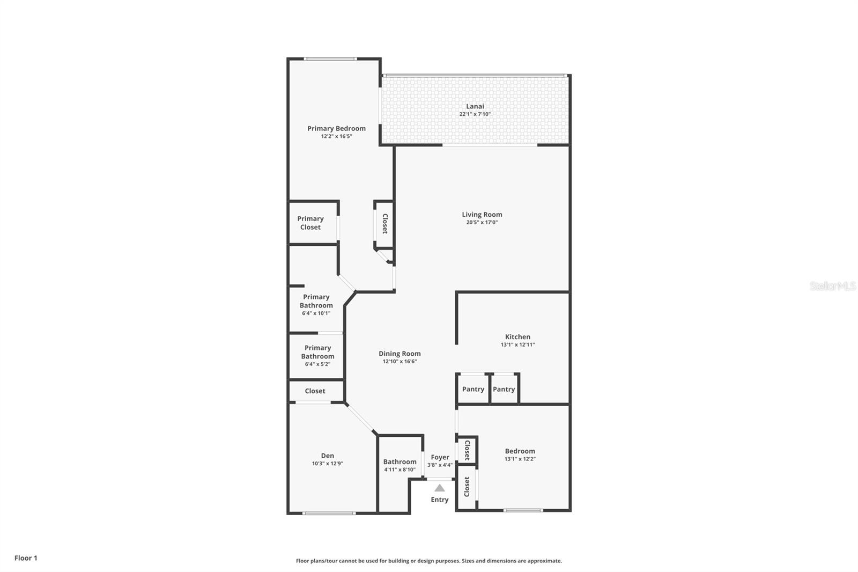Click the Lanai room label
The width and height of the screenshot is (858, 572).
point(475,106)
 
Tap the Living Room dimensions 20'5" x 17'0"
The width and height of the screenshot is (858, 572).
point(482,222)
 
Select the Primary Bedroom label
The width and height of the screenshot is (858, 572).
point(336,128)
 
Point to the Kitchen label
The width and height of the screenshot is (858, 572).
point(517,336)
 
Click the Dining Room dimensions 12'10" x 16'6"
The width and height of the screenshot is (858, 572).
point(400,361)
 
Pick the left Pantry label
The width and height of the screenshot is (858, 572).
point(473,389)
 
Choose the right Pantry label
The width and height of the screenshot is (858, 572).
point(504,389)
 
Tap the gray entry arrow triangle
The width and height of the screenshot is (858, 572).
point(440,488)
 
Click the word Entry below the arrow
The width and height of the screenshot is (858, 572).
point(439,500)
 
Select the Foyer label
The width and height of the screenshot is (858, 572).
point(440,457)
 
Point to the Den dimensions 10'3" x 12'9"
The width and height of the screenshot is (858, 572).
point(328,464)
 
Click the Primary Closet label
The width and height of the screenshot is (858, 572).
point(310,223)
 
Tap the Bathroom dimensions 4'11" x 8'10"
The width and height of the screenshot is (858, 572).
point(400,470)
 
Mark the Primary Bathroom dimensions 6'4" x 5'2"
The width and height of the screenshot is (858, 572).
point(317,364)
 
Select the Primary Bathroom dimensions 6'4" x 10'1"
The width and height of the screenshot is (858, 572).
point(316,313)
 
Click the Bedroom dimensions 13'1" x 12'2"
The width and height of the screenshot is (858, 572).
point(520,459)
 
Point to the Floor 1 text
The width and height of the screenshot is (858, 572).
point(26,558)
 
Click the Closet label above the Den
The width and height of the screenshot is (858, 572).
point(315,391)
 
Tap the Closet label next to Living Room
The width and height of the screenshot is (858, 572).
point(385,224)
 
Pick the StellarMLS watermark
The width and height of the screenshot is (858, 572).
point(833,285)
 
